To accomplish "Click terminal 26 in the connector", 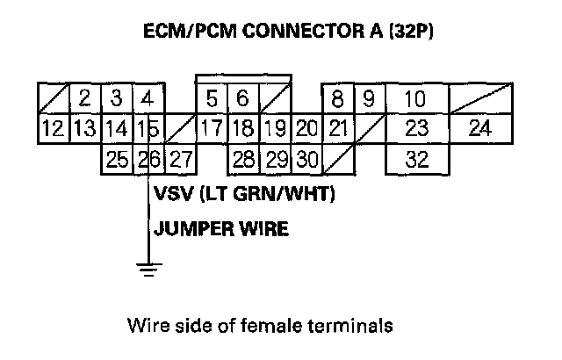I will pos(150,160).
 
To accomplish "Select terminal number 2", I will pos(84,97).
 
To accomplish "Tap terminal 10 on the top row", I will pos(416,97).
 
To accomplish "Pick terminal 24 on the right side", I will pos(479,129).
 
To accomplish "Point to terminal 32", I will pos(416,160).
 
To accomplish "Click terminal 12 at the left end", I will pos(53,129).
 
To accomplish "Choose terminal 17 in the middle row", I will pos(211,129).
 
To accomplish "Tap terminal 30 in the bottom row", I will pos(306,160).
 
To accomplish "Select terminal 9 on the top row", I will pos(370,97).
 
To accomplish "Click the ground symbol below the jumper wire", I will pos(149,269).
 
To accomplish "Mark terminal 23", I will pos(416,129).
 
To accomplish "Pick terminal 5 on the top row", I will pos(212,97).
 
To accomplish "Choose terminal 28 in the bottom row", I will pos(244,160).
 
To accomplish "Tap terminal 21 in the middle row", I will pos(338,129).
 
